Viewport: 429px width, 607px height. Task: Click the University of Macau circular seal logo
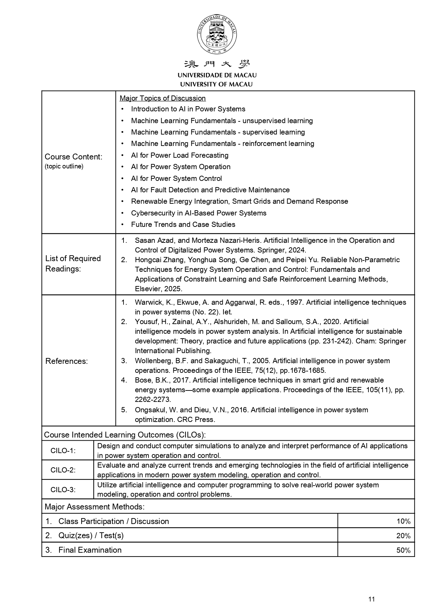(x=217, y=35)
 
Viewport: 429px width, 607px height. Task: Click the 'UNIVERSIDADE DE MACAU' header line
(x=217, y=75)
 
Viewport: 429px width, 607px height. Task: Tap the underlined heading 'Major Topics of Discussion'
(x=163, y=98)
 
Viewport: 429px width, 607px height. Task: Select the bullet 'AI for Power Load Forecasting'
(x=180, y=155)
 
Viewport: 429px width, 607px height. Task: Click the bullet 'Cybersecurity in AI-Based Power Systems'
(x=199, y=213)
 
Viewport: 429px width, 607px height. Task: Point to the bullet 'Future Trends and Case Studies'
(x=183, y=224)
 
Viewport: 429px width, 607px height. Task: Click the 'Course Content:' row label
(x=73, y=157)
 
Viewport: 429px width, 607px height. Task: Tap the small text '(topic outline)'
(x=64, y=166)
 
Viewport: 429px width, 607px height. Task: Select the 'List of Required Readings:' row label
(x=73, y=264)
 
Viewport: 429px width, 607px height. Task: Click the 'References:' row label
(x=66, y=361)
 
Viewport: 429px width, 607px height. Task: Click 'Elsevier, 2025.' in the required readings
(x=158, y=289)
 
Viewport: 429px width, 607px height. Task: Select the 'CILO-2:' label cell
(x=63, y=470)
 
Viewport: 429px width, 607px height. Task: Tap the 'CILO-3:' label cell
(x=63, y=489)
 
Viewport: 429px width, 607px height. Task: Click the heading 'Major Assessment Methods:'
(x=94, y=507)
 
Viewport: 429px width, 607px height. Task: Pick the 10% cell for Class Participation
(x=403, y=521)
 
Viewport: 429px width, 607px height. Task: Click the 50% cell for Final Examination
(x=403, y=550)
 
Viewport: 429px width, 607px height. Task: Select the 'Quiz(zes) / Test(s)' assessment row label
(x=91, y=535)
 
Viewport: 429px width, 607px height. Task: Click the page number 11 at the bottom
(x=372, y=599)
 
